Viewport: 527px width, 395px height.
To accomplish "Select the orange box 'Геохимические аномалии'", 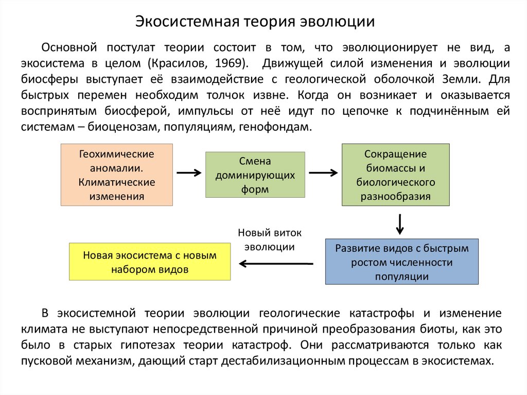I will pyautogui.click(x=116, y=175).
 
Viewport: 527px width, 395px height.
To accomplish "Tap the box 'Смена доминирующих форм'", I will pyautogui.click(x=255, y=175).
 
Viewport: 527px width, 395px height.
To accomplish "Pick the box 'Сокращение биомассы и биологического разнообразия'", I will pyautogui.click(x=396, y=175).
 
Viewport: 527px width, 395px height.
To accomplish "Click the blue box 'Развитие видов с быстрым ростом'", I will pyautogui.click(x=402, y=262).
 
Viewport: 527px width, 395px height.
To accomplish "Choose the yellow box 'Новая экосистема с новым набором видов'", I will pyautogui.click(x=150, y=262).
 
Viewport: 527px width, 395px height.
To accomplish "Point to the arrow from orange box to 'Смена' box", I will pyautogui.click(x=189, y=174).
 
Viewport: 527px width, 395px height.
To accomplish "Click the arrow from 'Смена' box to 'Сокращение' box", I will pyautogui.click(x=323, y=174).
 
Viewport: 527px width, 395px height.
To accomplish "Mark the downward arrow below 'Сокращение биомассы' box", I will pyautogui.click(x=399, y=223).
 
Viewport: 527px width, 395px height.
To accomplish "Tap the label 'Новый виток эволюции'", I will pyautogui.click(x=270, y=239).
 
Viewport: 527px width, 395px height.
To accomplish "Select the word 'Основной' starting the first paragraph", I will pyautogui.click(x=69, y=47).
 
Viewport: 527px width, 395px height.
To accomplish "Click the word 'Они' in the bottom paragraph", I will pyautogui.click(x=312, y=345).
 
